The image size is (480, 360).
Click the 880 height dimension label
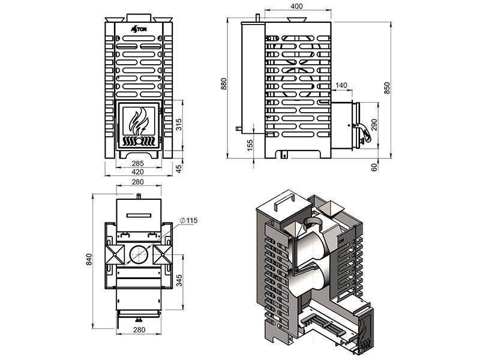pyautogui.click(x=224, y=84)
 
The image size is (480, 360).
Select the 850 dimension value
pyautogui.click(x=387, y=88)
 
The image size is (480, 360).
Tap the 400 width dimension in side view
pyautogui.click(x=296, y=6)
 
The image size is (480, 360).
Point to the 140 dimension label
pyautogui.click(x=341, y=85)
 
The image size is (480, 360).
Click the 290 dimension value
pyautogui.click(x=374, y=125)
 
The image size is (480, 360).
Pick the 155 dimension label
pyautogui.click(x=250, y=145)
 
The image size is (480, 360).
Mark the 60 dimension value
pyautogui.click(x=374, y=167)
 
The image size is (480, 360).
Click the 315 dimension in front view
pyautogui.click(x=178, y=125)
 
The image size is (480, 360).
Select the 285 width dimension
pyautogui.click(x=138, y=164)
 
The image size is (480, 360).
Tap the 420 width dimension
pyautogui.click(x=138, y=172)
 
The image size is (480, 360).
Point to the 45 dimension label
pyautogui.click(x=178, y=168)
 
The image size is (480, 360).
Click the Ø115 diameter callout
pyautogui.click(x=189, y=220)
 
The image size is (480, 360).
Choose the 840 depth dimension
pyautogui.click(x=89, y=260)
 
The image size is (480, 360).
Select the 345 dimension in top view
pyautogui.click(x=179, y=280)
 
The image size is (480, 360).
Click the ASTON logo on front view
pyautogui.click(x=139, y=28)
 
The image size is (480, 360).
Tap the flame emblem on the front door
pyautogui.click(x=139, y=122)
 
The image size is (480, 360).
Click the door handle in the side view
pyautogui.click(x=362, y=132)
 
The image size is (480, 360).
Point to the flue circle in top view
pyautogui.click(x=139, y=254)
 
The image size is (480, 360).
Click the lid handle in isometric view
pyautogui.click(x=284, y=202)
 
